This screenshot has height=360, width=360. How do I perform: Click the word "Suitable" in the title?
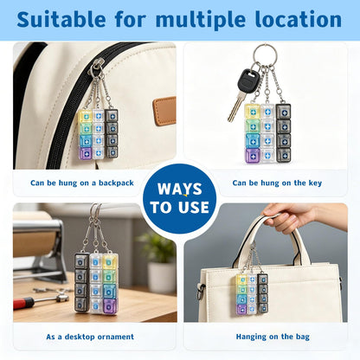pyautogui.click(x=61, y=19)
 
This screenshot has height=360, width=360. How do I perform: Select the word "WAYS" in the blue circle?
pyautogui.click(x=179, y=190)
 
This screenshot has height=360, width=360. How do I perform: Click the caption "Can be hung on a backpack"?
pyautogui.click(x=82, y=183)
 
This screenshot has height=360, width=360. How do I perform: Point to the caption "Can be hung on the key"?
pyautogui.click(x=277, y=183)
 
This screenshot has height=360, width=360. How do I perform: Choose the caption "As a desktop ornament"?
pyautogui.click(x=90, y=337)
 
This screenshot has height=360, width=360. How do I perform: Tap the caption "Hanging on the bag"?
pyautogui.click(x=273, y=337)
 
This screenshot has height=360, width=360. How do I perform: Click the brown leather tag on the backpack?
pyautogui.click(x=164, y=111)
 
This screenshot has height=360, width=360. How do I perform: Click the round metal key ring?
pyautogui.click(x=266, y=46)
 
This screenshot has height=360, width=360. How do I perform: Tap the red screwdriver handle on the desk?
pyautogui.click(x=23, y=303)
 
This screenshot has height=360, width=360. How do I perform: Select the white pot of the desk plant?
pyautogui.click(x=162, y=278)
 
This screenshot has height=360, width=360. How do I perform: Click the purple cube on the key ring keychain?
pyautogui.click(x=253, y=156)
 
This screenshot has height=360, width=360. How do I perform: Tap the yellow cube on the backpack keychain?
pyautogui.click(x=85, y=116)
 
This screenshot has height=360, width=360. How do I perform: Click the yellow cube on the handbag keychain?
pyautogui.click(x=241, y=280)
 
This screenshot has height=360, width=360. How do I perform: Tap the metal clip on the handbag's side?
pyautogui.click(x=200, y=291)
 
